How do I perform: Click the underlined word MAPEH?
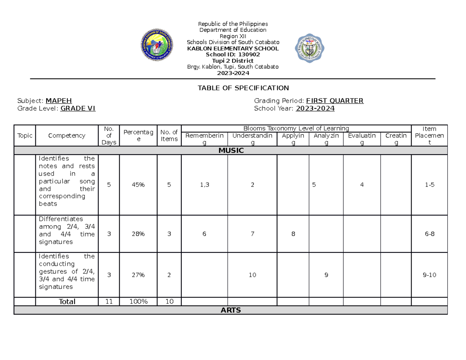59,101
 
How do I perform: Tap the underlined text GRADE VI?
78,109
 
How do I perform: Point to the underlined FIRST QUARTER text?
335,101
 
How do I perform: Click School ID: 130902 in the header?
233,55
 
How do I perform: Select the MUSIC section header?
231,151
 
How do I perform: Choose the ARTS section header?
231,310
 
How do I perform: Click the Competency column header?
66,136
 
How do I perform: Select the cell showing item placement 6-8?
429,234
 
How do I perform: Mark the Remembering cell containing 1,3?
204,185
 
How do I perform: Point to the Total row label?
66,301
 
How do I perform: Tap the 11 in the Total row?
109,301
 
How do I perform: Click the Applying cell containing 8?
293,234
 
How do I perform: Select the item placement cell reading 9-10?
429,275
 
